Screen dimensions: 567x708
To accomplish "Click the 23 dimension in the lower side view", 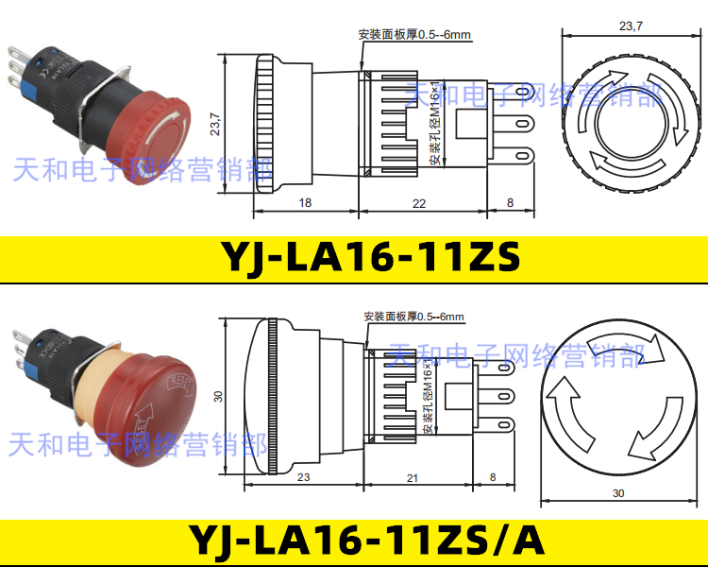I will click(303, 478).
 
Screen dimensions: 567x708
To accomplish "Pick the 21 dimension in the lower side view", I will click(412, 478).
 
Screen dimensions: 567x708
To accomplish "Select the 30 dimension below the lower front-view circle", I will click(618, 493).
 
